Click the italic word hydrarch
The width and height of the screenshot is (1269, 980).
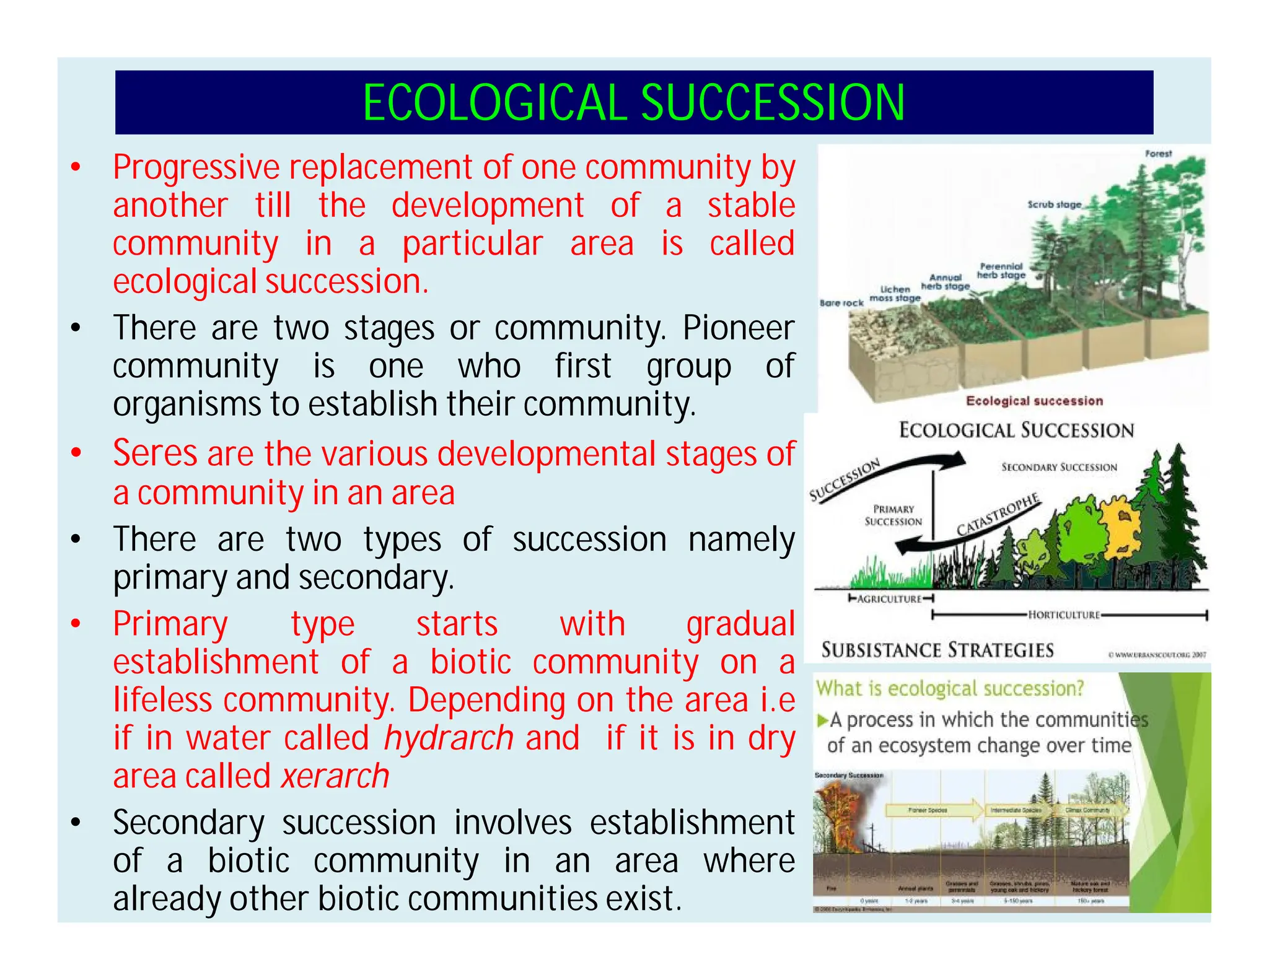[449, 738]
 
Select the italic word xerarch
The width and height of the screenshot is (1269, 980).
[335, 777]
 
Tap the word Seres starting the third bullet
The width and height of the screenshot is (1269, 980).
[155, 453]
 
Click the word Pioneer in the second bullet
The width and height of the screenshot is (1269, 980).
[738, 328]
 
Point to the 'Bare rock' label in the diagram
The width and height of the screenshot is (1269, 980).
[841, 303]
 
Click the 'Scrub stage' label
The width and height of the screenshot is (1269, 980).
[1054, 204]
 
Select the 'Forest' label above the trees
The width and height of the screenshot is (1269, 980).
[1158, 154]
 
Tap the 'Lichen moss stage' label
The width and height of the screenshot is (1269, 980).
[895, 294]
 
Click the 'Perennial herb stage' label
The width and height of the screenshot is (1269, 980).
[1001, 271]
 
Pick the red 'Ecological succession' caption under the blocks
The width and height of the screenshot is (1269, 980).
[1034, 401]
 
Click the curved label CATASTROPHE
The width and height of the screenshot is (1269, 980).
[998, 515]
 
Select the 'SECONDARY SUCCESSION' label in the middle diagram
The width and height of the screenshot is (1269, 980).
[1059, 467]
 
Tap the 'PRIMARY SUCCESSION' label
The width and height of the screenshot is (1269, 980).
[893, 515]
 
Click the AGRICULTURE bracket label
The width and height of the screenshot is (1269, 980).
[890, 599]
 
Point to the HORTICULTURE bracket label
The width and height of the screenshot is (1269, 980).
[1063, 615]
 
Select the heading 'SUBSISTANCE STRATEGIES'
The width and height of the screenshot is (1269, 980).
[937, 650]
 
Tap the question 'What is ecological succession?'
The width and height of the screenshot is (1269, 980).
[949, 688]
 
